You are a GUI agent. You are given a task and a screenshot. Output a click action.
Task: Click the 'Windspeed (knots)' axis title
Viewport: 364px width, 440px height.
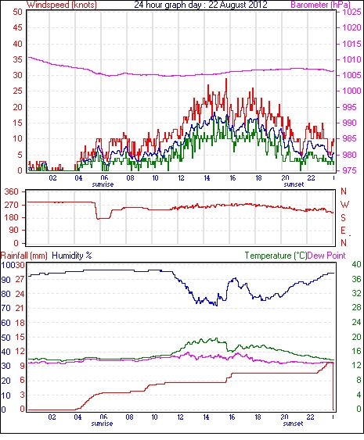click(x=62, y=5)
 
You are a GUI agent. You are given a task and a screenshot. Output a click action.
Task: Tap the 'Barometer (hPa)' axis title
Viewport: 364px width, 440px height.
click(x=320, y=5)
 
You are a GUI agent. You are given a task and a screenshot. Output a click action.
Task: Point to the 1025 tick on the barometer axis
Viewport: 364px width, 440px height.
click(x=351, y=12)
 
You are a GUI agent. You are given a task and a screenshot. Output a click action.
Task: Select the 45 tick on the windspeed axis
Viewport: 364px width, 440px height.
click(x=17, y=28)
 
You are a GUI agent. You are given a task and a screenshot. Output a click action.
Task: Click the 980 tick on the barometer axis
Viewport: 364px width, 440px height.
click(x=349, y=155)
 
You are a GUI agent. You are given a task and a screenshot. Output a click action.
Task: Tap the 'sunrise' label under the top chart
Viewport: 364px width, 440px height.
click(x=103, y=184)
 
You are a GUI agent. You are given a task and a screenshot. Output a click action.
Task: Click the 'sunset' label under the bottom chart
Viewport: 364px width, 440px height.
click(x=293, y=424)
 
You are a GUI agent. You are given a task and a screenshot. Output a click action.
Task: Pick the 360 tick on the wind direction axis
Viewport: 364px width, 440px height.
click(x=12, y=192)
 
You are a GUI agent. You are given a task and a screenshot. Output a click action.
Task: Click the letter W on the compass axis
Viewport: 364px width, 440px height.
click(x=344, y=205)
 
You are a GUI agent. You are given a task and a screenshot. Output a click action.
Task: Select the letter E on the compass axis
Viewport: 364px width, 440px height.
click(x=343, y=231)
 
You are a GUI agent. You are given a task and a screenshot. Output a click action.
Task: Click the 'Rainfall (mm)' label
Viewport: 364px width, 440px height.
click(x=24, y=256)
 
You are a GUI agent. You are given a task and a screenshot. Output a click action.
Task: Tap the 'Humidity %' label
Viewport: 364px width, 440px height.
click(x=72, y=256)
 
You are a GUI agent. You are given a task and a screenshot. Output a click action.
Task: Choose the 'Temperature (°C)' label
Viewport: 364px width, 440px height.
click(x=276, y=256)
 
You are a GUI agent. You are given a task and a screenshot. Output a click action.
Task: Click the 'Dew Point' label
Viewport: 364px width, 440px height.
click(x=326, y=256)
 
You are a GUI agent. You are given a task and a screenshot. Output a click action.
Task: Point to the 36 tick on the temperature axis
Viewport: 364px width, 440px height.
click(x=356, y=279)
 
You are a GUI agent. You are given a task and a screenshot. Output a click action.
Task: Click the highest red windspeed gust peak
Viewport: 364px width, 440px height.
click(x=226, y=79)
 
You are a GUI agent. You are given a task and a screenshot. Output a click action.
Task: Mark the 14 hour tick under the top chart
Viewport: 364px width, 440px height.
click(x=207, y=178)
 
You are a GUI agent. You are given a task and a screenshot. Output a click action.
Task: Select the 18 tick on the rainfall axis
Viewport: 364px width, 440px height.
click(x=20, y=323)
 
